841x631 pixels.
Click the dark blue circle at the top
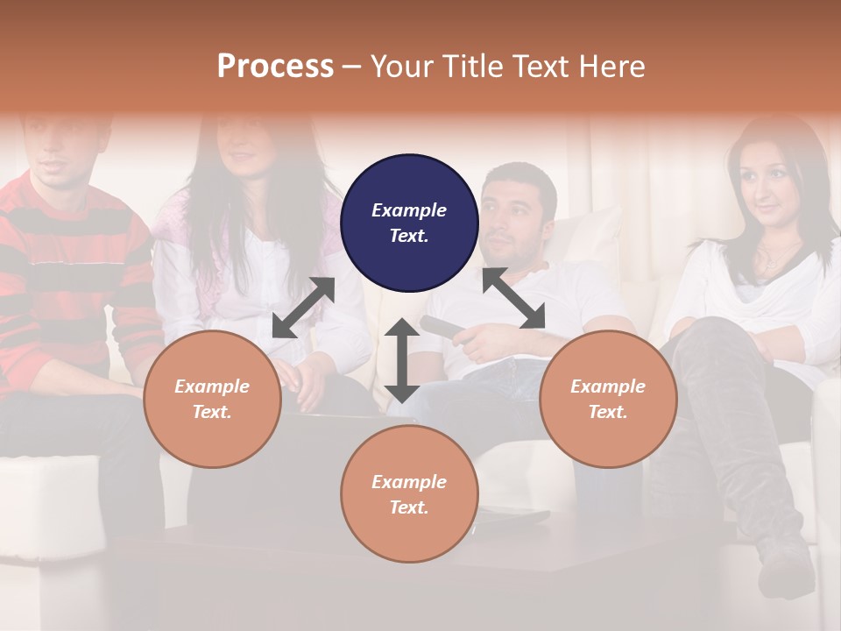(409, 223)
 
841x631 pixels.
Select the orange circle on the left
(212, 399)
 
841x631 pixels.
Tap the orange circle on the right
(608, 399)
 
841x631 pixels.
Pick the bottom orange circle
(409, 493)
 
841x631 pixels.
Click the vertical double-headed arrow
(402, 360)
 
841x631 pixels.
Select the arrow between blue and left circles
(303, 308)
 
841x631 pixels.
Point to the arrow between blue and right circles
(513, 299)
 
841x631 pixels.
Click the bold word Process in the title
(275, 67)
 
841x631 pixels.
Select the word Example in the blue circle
(409, 210)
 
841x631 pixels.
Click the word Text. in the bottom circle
(409, 507)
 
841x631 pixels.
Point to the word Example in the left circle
(212, 386)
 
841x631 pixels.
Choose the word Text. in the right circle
(608, 412)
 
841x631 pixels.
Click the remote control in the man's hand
(447, 330)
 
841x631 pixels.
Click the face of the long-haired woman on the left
(245, 145)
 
